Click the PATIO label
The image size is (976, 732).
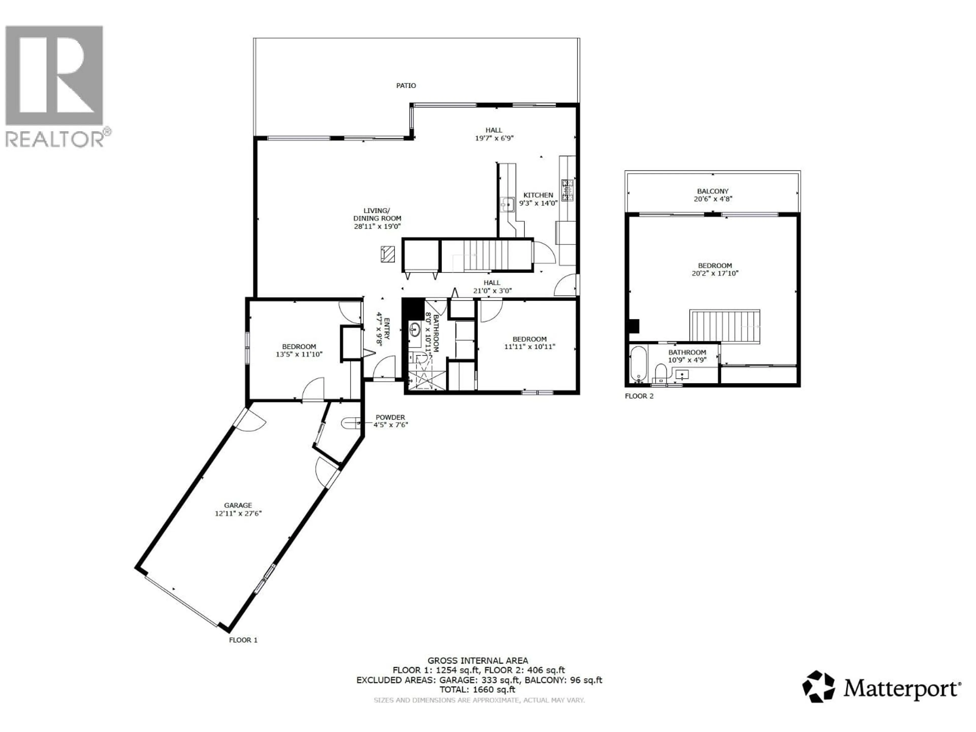(x=405, y=86)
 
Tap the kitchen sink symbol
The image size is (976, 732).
(x=508, y=204)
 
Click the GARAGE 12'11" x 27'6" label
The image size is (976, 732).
(x=238, y=509)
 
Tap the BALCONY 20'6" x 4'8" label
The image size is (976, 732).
(x=713, y=195)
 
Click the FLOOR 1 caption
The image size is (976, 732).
(x=243, y=640)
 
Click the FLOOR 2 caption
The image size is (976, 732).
(x=639, y=396)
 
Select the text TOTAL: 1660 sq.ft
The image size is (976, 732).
(x=477, y=690)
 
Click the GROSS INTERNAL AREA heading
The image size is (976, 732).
(x=478, y=661)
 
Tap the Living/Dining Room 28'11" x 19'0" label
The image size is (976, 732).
(x=377, y=218)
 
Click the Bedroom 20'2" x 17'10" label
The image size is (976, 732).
(x=715, y=269)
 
